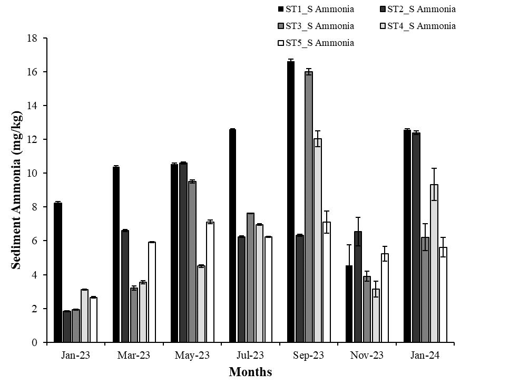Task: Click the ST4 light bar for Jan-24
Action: (x=434, y=263)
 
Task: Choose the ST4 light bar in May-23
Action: (x=201, y=304)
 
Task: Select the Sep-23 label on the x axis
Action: (x=308, y=355)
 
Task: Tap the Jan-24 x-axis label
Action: (x=425, y=355)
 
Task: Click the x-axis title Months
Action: (x=250, y=372)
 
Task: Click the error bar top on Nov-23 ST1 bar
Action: (x=349, y=245)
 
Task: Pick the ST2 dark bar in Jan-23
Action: (x=67, y=327)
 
